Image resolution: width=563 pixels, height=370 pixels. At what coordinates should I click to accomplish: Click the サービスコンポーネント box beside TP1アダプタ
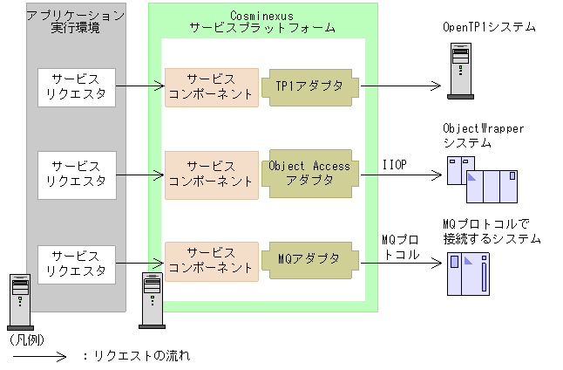[212, 86]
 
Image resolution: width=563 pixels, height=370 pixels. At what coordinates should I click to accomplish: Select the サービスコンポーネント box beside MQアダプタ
[212, 259]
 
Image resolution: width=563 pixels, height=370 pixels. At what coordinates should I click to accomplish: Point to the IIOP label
[395, 163]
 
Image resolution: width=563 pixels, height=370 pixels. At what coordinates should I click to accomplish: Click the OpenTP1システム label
[489, 28]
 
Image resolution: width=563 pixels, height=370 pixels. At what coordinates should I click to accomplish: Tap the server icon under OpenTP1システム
[460, 71]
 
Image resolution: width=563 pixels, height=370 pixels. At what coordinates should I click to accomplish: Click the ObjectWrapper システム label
[483, 135]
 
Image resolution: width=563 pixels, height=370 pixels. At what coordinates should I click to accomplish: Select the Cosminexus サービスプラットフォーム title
[262, 21]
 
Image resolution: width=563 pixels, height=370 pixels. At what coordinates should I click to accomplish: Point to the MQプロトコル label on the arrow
[401, 247]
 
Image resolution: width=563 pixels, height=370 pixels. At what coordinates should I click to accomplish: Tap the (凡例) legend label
[26, 338]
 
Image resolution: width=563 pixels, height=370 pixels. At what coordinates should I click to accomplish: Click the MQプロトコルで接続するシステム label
[492, 231]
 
